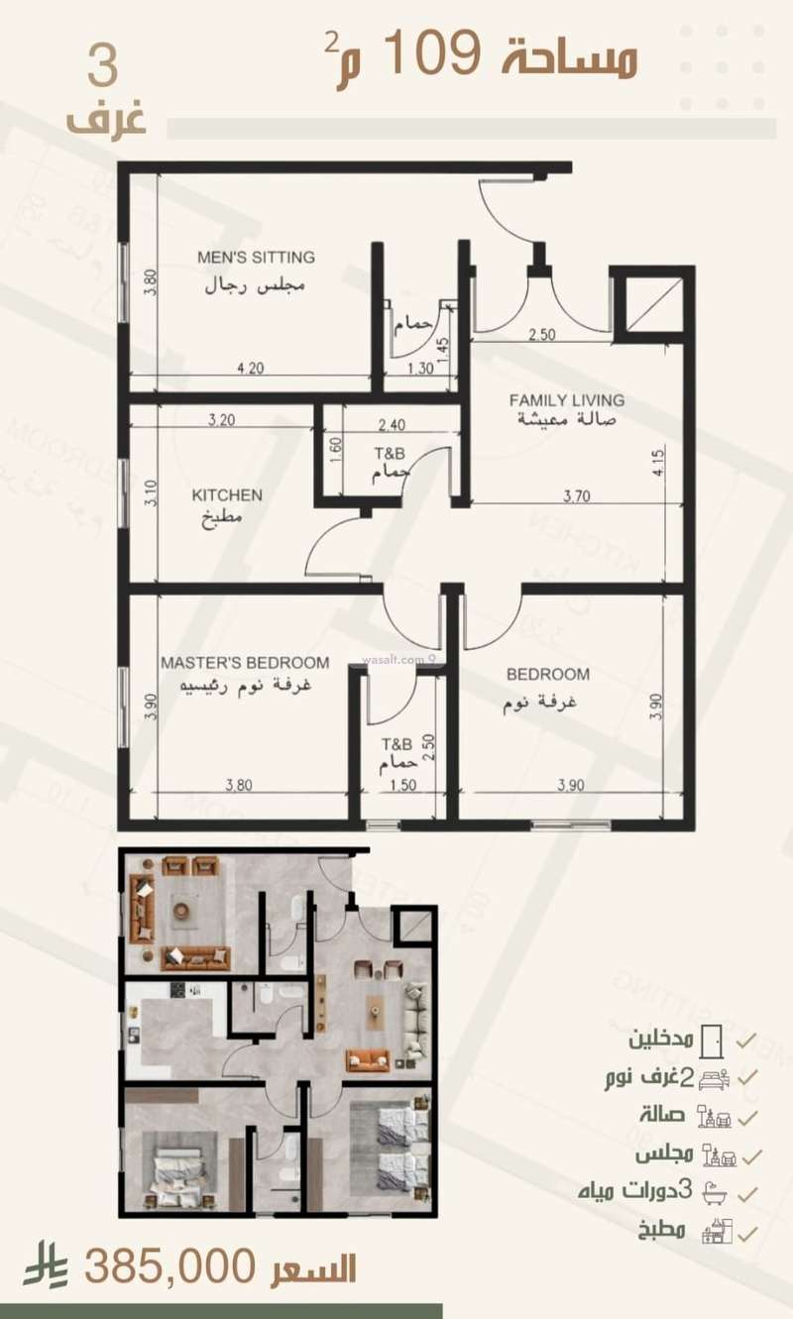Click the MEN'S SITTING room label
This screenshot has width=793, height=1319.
256,258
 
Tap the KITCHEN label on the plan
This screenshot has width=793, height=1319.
227,495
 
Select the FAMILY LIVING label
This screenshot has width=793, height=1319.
567,400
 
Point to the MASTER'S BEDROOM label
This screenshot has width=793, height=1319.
245,663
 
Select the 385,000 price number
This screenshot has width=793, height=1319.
171,1267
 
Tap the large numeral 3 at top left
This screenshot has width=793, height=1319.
103,65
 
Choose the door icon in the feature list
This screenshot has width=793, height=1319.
710,1042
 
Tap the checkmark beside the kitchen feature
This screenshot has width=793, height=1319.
750,1235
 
